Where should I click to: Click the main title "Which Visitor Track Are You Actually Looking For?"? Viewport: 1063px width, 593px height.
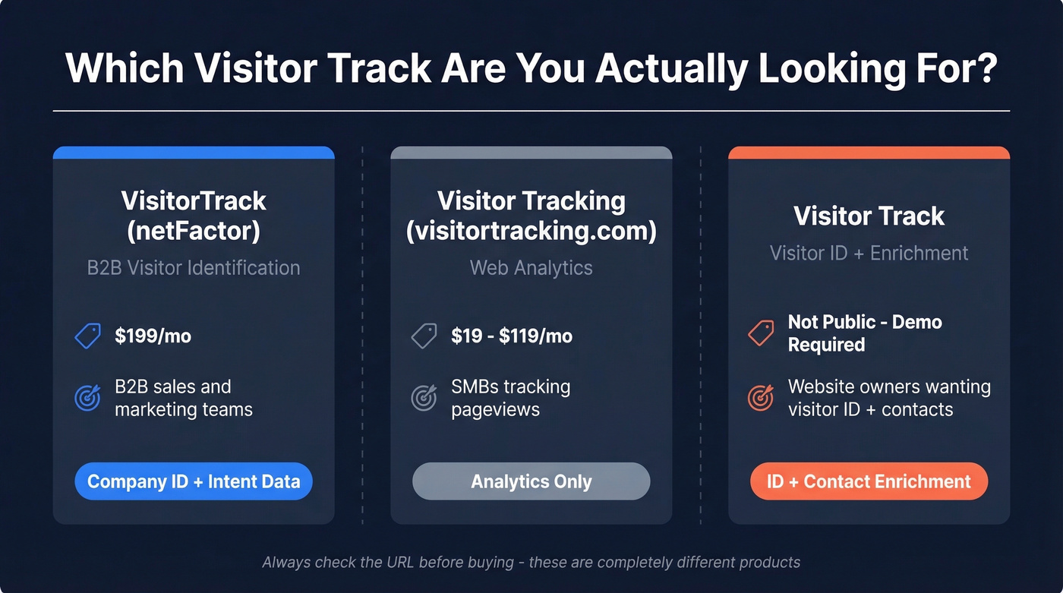(x=531, y=69)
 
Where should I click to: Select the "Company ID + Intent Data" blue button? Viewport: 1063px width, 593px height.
(x=194, y=481)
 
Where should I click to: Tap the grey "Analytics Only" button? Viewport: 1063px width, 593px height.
(x=531, y=481)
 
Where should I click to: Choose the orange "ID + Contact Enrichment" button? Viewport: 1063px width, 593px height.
(x=869, y=481)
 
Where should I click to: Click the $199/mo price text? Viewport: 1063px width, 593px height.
(x=153, y=336)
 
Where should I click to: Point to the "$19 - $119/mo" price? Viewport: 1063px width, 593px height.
(x=511, y=336)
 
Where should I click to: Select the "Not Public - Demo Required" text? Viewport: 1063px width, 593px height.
(x=864, y=333)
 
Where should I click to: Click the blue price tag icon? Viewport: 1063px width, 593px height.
(x=88, y=336)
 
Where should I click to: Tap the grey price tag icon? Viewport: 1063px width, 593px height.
(x=424, y=336)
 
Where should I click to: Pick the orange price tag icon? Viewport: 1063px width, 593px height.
(x=761, y=333)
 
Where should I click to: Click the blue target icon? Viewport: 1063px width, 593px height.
(x=88, y=398)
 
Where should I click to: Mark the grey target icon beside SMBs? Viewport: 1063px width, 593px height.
(x=424, y=398)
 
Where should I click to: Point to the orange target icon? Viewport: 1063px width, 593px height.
(x=761, y=397)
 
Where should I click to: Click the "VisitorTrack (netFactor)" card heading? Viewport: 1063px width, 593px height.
(x=194, y=216)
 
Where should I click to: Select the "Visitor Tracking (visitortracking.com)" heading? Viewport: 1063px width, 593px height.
(x=531, y=216)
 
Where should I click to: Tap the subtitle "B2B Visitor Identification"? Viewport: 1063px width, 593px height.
(x=194, y=268)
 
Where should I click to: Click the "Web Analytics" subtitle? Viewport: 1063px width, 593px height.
(x=531, y=268)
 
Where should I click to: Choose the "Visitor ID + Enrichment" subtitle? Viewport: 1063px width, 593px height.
(x=869, y=253)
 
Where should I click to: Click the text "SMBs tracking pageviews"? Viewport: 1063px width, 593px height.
(x=509, y=398)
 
